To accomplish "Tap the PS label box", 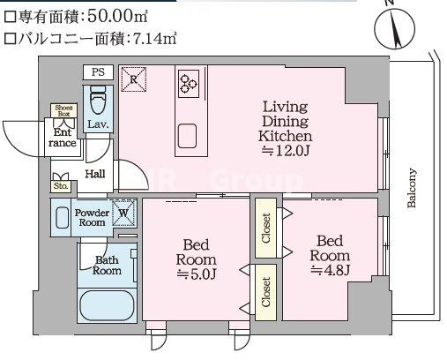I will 96,72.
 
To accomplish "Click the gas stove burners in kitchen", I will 188,83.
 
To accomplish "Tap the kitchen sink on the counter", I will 188,134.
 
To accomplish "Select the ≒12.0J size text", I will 284,151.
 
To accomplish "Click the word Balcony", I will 412,188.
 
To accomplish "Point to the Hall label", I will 95,174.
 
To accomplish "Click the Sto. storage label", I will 61,186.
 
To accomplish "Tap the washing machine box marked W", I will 124,213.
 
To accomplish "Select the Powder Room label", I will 92,217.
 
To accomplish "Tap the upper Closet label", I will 265,227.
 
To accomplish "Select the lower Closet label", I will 265,291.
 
